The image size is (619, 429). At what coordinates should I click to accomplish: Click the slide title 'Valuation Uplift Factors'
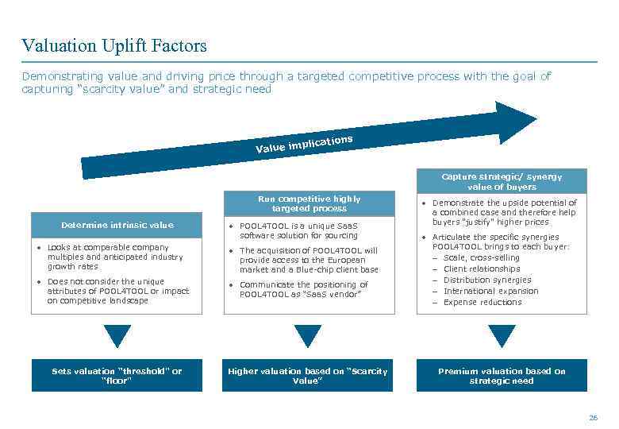(114, 46)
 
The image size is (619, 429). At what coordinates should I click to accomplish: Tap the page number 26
(593, 417)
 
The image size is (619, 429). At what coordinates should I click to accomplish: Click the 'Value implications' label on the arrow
(304, 144)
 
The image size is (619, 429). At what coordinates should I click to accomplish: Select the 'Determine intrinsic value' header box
(117, 225)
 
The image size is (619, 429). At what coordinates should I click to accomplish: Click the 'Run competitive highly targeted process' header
(309, 204)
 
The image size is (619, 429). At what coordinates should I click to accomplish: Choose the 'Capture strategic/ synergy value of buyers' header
(502, 182)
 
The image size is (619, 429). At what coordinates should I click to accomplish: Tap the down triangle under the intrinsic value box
(117, 335)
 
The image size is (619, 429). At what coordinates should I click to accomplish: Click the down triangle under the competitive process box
(308, 335)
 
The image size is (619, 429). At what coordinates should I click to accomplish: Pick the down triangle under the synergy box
(502, 335)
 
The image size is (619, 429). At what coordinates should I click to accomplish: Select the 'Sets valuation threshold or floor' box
(117, 376)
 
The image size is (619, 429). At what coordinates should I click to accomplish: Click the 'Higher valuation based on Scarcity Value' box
(308, 376)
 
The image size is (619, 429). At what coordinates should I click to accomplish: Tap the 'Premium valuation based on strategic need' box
(502, 376)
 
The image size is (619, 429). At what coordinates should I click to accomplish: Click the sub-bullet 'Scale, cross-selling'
(481, 257)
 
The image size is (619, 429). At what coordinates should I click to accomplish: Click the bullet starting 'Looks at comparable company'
(115, 257)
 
